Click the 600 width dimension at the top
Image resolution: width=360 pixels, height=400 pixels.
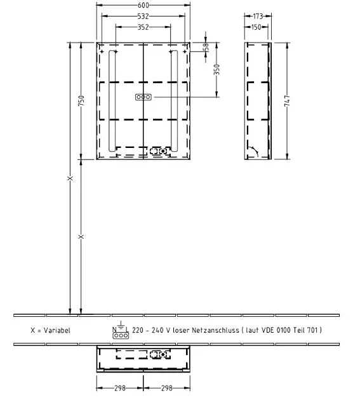point(143,5)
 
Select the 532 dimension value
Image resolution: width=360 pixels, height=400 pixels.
point(143,17)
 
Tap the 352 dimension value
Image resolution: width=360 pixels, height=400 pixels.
point(143,27)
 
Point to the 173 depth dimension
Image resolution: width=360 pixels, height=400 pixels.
point(258,17)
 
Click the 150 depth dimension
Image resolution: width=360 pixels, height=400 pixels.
point(256,27)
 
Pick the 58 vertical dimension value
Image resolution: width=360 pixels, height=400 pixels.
point(206,47)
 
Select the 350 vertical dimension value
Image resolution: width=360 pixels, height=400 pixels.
point(217,70)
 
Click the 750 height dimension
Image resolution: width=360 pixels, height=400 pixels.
point(81,101)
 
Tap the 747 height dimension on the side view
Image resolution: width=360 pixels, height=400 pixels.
point(287,101)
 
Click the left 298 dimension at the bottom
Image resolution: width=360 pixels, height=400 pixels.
point(120,388)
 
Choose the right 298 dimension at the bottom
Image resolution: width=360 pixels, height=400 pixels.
point(167,388)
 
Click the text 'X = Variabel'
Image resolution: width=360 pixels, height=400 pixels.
point(50,330)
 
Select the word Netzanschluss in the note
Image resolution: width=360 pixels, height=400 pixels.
point(215,330)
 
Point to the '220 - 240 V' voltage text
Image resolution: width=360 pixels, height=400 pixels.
point(151,330)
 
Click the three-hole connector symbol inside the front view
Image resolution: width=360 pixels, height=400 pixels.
point(143,97)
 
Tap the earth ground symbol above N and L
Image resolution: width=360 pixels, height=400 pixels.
point(121,324)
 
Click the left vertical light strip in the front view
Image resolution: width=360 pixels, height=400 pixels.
point(112,101)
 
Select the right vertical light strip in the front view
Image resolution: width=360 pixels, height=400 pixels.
point(174,101)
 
